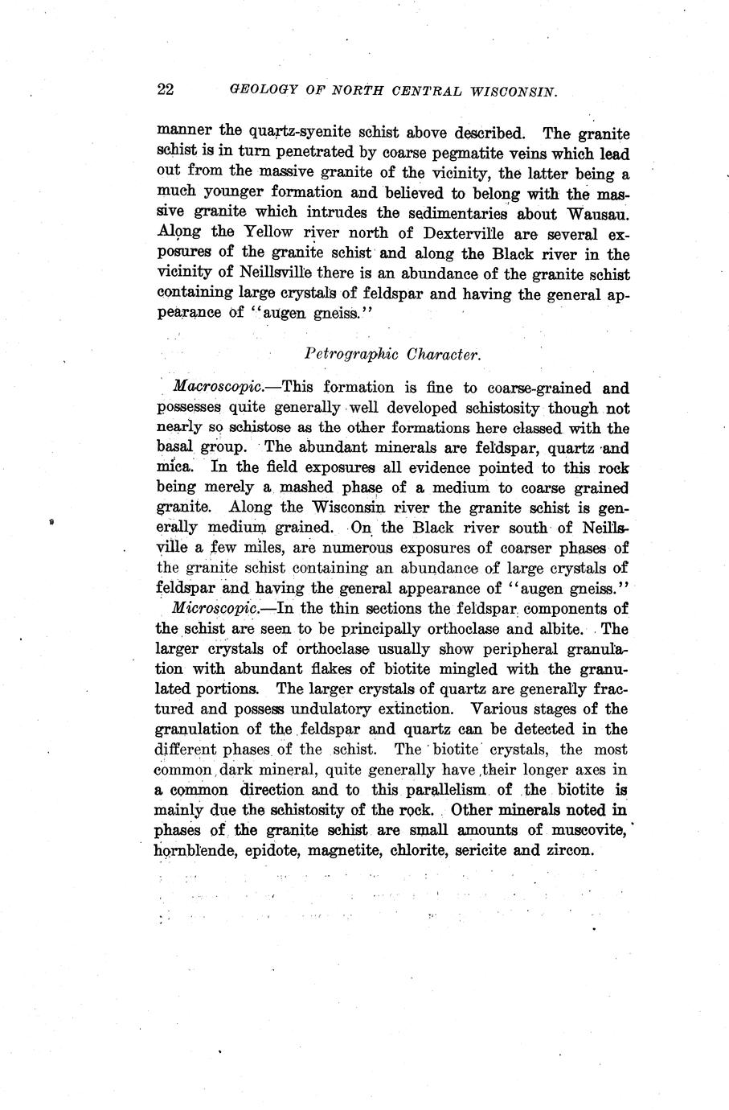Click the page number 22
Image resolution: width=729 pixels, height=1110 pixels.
pyautogui.click(x=166, y=89)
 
